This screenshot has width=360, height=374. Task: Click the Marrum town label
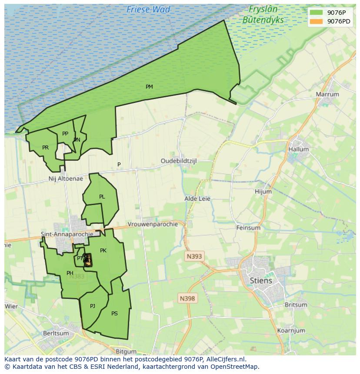327,94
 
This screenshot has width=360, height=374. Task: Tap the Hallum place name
298,149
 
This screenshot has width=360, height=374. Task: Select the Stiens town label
261,281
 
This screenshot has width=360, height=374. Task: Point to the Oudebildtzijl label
179,161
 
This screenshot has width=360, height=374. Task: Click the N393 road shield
194,256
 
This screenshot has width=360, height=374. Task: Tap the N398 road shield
187,298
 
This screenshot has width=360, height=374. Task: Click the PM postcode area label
149,87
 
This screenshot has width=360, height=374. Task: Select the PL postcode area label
102,197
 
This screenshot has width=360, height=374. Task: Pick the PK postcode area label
103,250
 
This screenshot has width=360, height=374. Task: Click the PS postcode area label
114,313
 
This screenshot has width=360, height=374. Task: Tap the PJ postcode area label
92,306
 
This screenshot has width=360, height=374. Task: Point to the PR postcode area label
45,148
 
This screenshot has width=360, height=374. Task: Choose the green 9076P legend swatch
316,13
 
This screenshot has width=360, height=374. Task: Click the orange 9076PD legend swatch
316,21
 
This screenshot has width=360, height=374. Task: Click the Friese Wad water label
148,9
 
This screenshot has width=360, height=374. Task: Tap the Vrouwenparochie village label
153,224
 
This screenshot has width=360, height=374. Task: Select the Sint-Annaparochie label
67,234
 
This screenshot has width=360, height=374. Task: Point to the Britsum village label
296,304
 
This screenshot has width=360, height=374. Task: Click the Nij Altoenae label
66,179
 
